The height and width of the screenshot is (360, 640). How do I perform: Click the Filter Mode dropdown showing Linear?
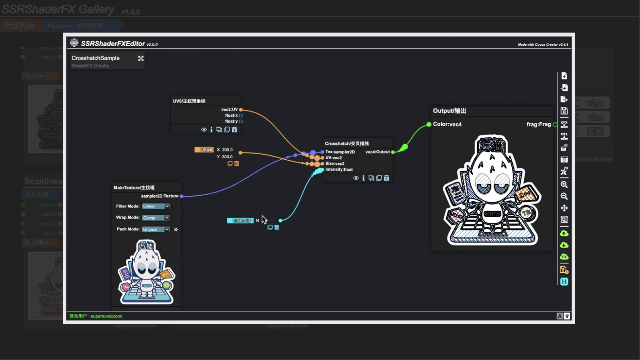(x=156, y=206)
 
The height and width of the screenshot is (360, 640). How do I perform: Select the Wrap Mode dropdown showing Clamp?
(x=156, y=218)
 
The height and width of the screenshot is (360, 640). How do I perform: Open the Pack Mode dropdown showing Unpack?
(x=156, y=229)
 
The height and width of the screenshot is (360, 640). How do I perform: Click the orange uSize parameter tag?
(x=204, y=150)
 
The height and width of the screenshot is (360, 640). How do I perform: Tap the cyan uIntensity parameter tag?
(x=240, y=221)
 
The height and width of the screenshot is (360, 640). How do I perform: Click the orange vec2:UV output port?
(x=241, y=110)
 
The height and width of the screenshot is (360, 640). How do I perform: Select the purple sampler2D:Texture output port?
(x=181, y=196)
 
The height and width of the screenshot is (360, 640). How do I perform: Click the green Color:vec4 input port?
(x=429, y=124)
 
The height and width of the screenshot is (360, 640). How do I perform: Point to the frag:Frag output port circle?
(x=555, y=125)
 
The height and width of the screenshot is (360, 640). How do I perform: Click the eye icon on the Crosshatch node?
(x=356, y=178)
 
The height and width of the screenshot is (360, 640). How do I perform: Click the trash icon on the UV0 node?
(x=235, y=130)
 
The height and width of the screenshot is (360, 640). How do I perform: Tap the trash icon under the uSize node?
(x=237, y=164)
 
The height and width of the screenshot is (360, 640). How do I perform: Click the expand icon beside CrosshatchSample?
(x=141, y=58)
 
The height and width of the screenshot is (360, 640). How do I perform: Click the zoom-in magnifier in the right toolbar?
(x=564, y=185)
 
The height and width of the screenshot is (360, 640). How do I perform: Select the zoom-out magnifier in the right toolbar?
(x=564, y=196)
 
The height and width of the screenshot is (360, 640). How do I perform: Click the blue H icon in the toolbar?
(x=564, y=282)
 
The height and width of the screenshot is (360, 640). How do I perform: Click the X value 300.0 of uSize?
(x=227, y=150)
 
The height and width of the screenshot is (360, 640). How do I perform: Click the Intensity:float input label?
(x=339, y=170)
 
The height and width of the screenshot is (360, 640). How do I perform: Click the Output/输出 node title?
(x=450, y=111)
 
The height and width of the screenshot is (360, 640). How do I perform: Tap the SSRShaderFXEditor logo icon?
(x=74, y=43)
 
